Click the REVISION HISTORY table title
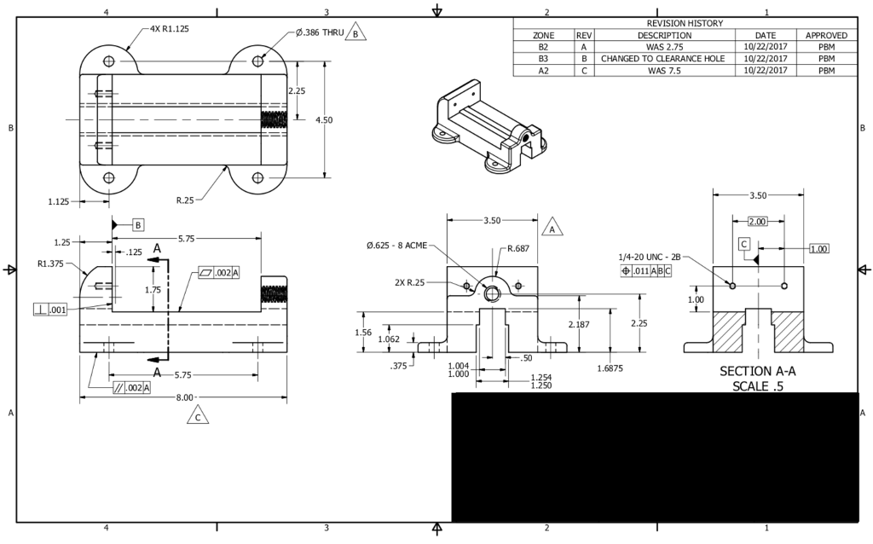point(685,23)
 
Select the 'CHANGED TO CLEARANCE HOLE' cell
point(662,59)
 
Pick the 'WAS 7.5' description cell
point(664,71)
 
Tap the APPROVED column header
point(826,35)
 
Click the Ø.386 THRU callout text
point(320,33)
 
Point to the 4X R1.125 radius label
point(170,29)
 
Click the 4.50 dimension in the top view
point(323,119)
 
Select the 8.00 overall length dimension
point(184,397)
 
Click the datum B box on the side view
point(138,225)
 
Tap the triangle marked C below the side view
point(198,416)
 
